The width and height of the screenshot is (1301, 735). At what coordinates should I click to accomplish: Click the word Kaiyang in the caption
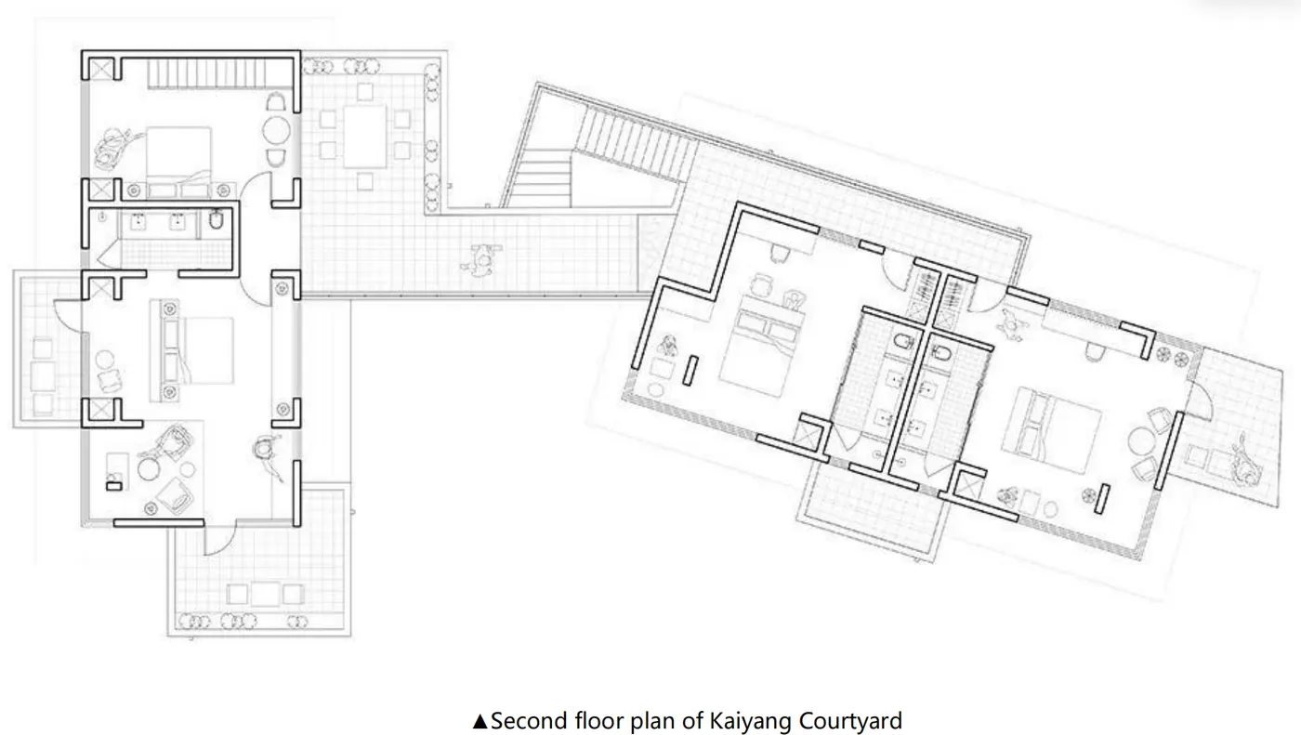click(750, 722)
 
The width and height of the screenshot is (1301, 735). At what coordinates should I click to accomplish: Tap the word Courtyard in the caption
click(850, 722)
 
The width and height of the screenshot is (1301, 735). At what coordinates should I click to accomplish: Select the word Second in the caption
click(529, 720)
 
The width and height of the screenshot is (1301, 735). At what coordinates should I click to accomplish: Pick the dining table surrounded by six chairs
click(364, 137)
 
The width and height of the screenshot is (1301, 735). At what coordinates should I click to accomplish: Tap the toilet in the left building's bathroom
click(216, 219)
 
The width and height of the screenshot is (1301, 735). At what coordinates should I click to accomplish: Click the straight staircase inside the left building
click(206, 74)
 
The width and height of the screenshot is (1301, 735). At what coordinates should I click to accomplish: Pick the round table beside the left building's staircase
click(276, 131)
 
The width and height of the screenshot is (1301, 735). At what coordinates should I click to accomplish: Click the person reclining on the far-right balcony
click(1243, 462)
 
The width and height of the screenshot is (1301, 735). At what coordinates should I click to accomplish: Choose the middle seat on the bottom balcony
click(265, 594)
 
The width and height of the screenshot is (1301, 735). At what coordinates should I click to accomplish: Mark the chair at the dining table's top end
click(365, 92)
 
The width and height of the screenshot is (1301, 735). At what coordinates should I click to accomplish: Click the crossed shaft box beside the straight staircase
click(102, 70)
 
